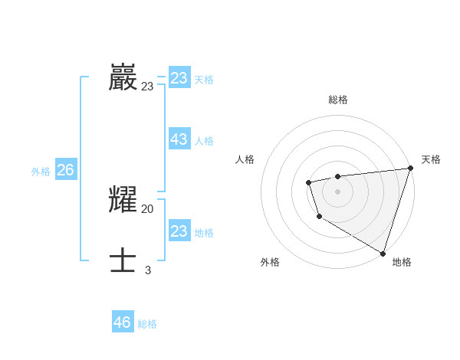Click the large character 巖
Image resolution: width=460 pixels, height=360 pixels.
tap(123, 77)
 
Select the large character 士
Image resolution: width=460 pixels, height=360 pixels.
tap(123, 260)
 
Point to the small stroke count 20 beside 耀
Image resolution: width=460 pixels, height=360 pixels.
tap(147, 209)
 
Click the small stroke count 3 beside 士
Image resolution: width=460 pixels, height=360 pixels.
tap(148, 270)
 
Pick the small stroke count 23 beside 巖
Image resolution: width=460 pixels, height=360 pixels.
tap(147, 87)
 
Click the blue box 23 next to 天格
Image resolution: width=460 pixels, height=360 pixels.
tap(179, 78)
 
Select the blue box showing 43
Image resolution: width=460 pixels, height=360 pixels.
tap(179, 139)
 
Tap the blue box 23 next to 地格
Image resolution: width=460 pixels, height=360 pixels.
tap(179, 231)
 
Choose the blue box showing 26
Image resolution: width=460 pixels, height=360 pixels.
tap(65, 170)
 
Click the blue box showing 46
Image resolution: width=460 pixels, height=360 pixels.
tap(123, 322)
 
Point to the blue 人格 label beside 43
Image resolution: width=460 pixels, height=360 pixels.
tap(204, 141)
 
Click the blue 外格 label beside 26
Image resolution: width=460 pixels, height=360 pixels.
tap(41, 172)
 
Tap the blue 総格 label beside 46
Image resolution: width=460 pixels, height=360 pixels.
tap(147, 324)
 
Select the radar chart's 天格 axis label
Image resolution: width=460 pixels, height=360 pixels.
tap(431, 159)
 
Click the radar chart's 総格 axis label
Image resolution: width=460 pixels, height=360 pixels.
tap(337, 100)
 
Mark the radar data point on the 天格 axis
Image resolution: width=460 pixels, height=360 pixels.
tap(409, 169)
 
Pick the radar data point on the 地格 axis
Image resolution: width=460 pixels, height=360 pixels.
tap(382, 252)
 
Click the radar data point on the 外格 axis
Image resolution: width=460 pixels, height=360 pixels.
tap(318, 217)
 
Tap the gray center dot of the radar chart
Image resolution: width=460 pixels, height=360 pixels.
tap(337, 191)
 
